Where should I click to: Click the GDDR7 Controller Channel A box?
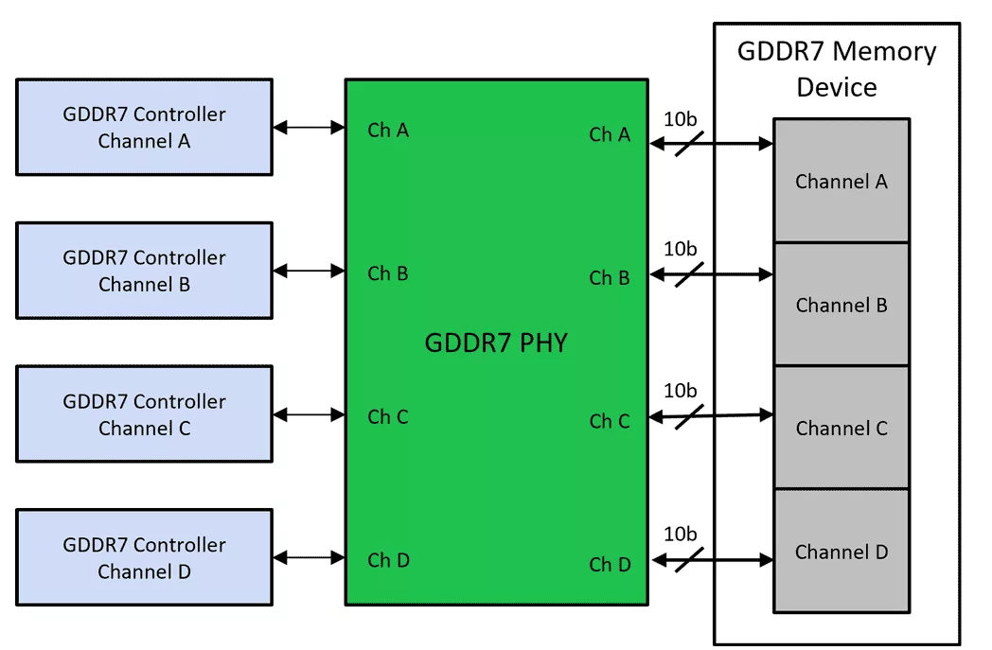pos(144,127)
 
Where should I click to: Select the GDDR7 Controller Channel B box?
pos(144,271)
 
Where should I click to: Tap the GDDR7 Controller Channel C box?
pos(144,414)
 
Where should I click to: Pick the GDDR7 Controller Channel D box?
pos(144,558)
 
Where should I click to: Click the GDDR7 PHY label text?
pos(495,343)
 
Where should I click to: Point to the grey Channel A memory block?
pos(841,181)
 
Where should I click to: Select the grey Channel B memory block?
pos(841,305)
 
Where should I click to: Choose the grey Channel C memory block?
pos(841,428)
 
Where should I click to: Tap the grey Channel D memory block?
pos(841,552)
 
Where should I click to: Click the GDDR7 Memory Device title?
pos(837,68)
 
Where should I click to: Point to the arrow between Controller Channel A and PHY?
pos(309,127)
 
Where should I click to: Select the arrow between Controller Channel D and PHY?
pos(309,558)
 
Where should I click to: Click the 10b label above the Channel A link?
pos(680,118)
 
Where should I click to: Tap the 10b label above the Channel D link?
pos(680,535)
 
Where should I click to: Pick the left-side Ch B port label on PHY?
pos(388,273)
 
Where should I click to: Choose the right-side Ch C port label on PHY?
pos(610,421)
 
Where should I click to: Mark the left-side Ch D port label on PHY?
pos(388,560)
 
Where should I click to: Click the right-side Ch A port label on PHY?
pos(610,134)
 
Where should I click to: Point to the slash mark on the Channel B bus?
pos(690,274)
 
